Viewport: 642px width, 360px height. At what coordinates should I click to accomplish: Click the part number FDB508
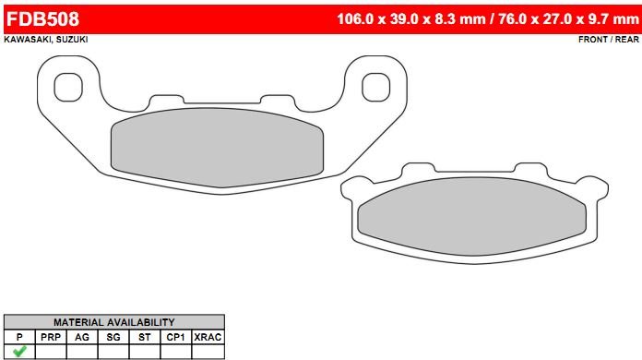(x=42, y=19)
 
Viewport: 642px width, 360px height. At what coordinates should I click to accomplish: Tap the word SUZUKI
(x=72, y=40)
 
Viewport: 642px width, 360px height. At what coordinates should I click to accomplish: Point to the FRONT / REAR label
(x=609, y=40)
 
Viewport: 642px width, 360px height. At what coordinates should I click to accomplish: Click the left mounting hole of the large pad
(x=68, y=88)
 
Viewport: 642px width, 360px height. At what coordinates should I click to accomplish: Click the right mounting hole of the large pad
(x=375, y=88)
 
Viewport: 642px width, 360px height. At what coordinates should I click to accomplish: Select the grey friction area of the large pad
(x=217, y=148)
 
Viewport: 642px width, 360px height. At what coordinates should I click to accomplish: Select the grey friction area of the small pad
(x=471, y=216)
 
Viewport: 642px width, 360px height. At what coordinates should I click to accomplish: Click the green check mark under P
(x=19, y=351)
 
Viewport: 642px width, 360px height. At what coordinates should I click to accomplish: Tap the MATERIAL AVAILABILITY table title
(x=114, y=322)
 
